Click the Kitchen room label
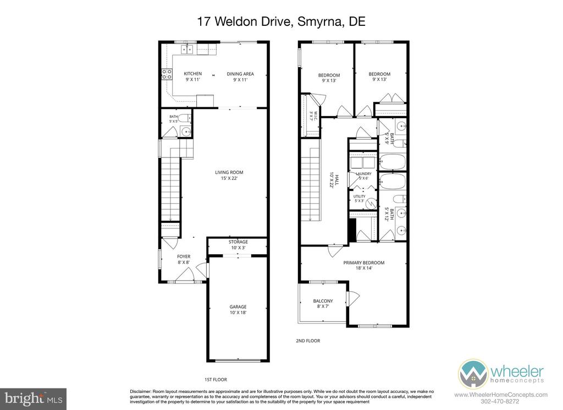[x=193, y=76]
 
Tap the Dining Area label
[x=240, y=76]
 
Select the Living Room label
[x=229, y=175]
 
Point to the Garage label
[x=238, y=309]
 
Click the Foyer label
[x=184, y=259]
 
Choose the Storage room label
[x=239, y=245]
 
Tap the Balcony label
[x=323, y=304]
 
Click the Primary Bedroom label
[x=364, y=265]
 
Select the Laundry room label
[x=363, y=176]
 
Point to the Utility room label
[x=360, y=199]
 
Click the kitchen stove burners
[x=167, y=74]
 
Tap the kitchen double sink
[x=187, y=49]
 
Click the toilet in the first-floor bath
[x=185, y=118]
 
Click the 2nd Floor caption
[x=308, y=341]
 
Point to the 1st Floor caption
[x=216, y=380]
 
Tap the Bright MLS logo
[x=34, y=398]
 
